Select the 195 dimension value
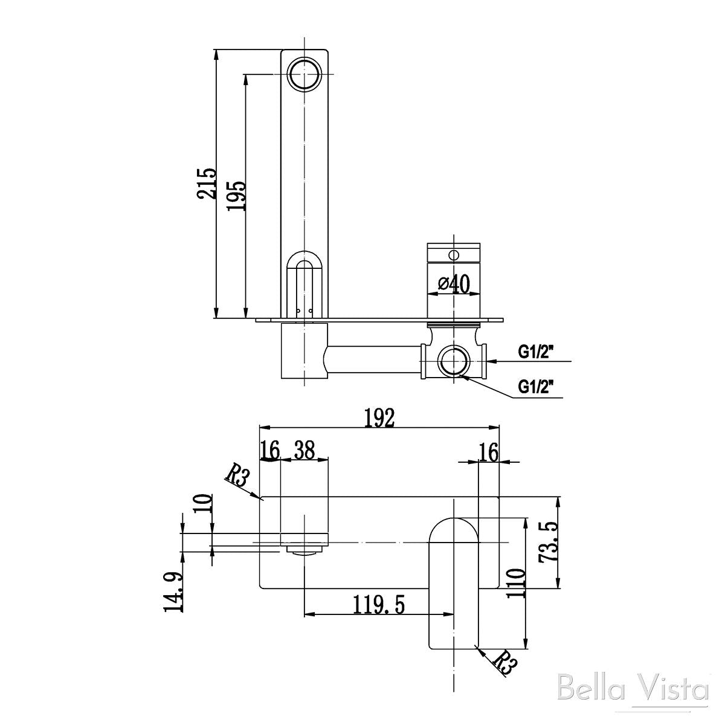click(x=236, y=195)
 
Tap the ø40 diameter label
click(x=453, y=282)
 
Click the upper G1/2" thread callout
click(x=536, y=352)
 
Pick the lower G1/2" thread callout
click(x=536, y=385)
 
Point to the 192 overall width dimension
click(x=379, y=417)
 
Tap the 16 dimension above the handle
click(x=488, y=451)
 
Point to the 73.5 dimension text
click(x=549, y=542)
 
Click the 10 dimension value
click(x=205, y=503)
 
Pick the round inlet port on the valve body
click(x=453, y=361)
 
